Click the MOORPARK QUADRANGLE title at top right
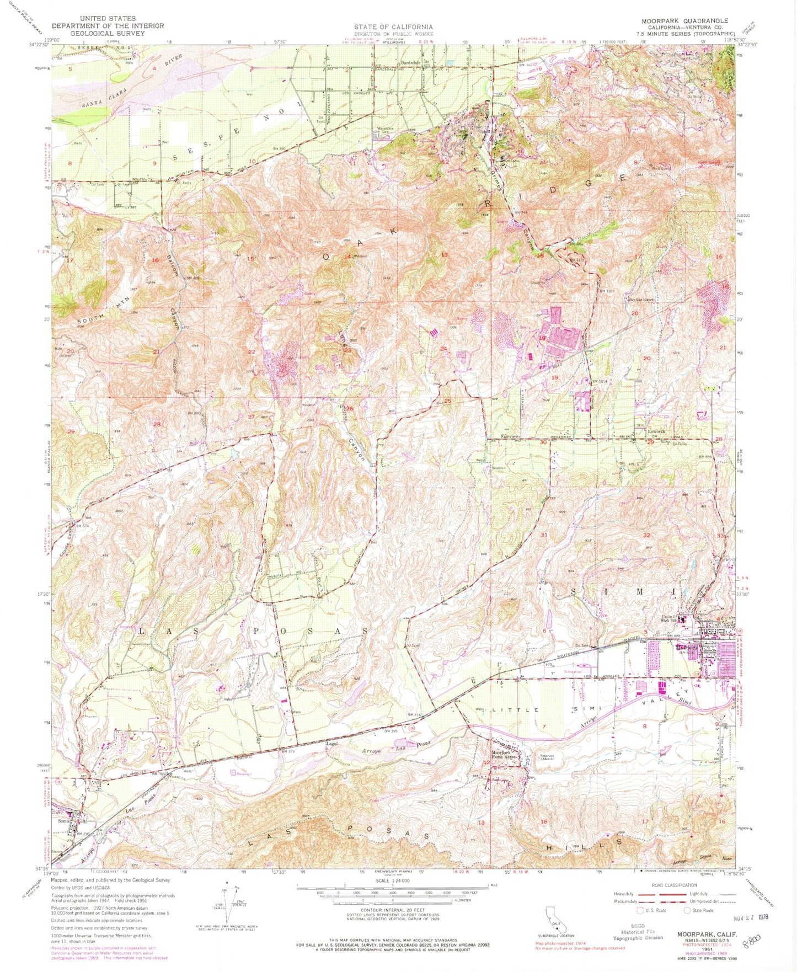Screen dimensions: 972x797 684,21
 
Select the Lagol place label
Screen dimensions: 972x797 331,744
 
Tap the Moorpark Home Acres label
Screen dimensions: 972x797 503,755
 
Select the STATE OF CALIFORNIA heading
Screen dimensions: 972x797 393,26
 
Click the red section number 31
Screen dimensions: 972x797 544,535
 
